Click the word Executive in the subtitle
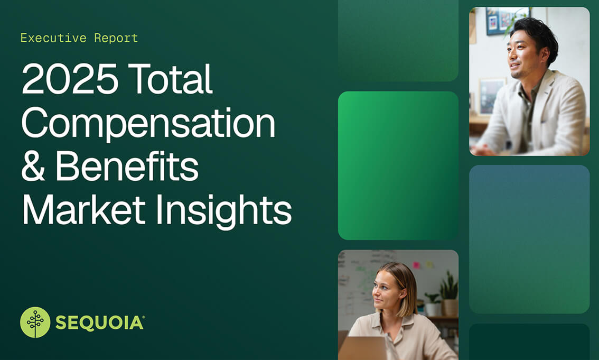tap(53, 38)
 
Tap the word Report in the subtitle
tap(116, 38)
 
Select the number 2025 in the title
tap(70, 79)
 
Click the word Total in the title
tap(171, 79)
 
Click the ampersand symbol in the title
tap(33, 166)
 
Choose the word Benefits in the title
tap(127, 165)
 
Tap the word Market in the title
tap(84, 209)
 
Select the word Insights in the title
tap(224, 211)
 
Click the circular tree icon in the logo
tap(35, 322)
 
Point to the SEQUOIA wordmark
tap(100, 323)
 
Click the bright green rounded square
tap(398, 165)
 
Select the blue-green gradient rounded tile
tap(529, 239)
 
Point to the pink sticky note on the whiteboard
tap(416, 265)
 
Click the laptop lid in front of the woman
tap(362, 348)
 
